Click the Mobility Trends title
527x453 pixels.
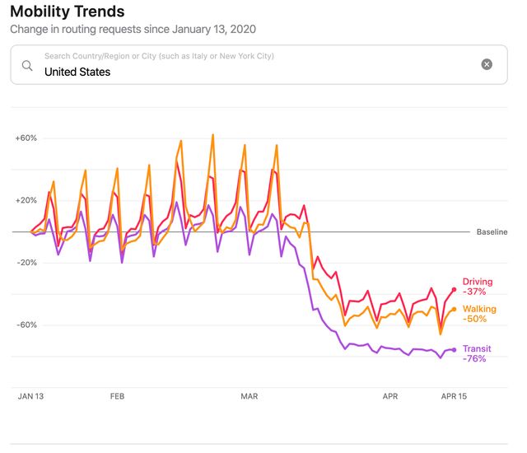68,12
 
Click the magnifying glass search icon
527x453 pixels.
28,64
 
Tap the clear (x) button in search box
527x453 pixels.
487,64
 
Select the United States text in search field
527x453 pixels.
77,72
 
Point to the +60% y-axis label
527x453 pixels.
26,138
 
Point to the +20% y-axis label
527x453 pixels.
26,200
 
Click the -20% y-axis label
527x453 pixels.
26,263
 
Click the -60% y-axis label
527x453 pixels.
26,325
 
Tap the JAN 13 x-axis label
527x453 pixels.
30,396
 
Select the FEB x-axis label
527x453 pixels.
117,396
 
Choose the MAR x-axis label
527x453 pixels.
249,396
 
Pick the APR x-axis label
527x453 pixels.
390,396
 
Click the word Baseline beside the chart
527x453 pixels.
492,232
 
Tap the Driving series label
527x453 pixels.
478,282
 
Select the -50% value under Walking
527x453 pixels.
475,319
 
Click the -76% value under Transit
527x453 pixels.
474,359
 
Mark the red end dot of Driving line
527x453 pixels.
454,289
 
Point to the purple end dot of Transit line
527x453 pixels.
454,350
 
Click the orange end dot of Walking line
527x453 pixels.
454,310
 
